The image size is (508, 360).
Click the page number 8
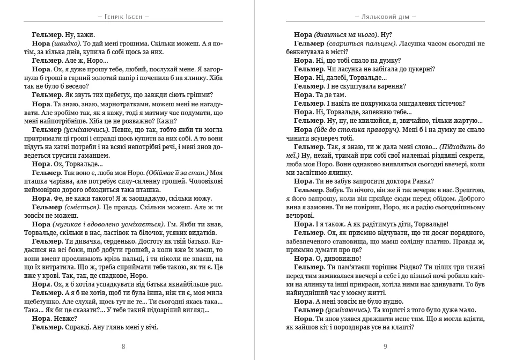(123, 346)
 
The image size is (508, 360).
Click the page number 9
(385, 346)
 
